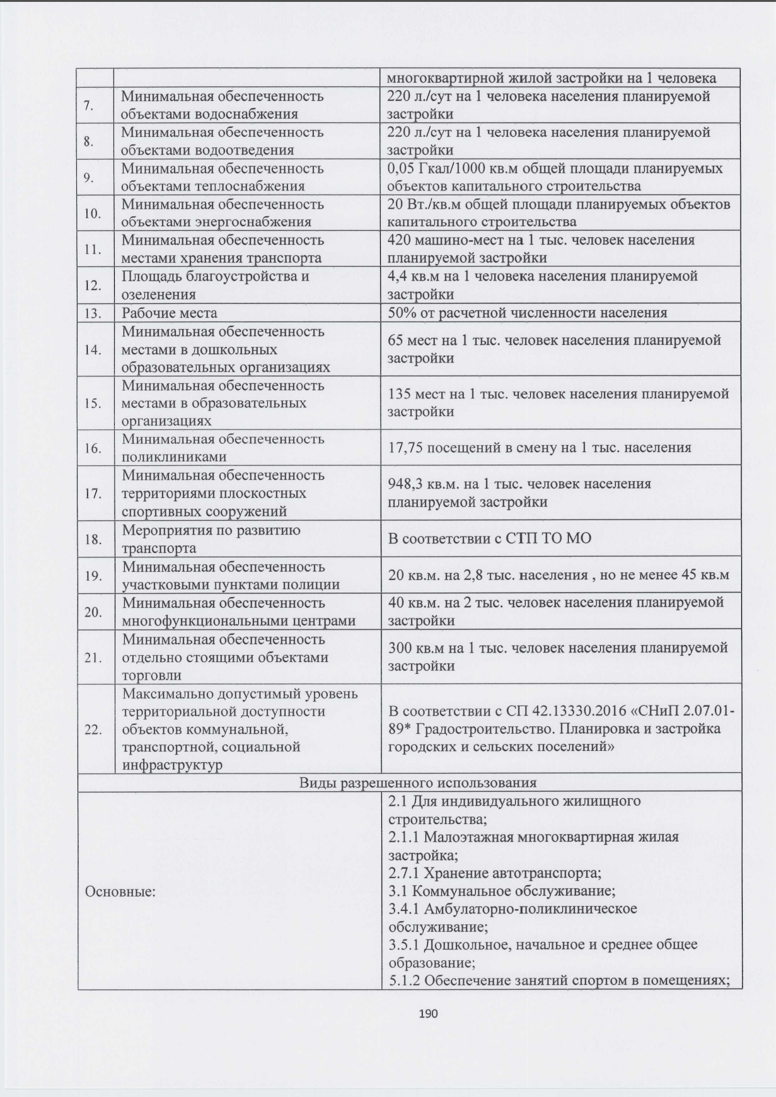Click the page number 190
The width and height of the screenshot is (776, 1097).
pos(428,1013)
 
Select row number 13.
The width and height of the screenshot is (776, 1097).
pos(93,313)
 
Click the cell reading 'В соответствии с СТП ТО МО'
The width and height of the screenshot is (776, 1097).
pos(490,538)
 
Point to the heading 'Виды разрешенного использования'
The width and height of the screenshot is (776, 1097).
pos(417,782)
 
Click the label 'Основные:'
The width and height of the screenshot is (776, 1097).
pos(120,891)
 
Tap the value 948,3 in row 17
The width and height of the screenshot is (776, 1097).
pos(407,484)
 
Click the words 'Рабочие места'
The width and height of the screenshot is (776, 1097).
pos(169,313)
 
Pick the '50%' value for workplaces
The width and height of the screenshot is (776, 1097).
pos(400,313)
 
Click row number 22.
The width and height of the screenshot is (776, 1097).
pos(93,729)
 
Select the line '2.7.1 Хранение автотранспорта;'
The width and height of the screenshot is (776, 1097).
pos(495,873)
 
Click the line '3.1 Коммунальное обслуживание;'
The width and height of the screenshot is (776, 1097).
pos(502,891)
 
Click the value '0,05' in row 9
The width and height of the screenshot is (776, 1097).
pos(402,169)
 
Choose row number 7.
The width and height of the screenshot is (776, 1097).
pos(89,105)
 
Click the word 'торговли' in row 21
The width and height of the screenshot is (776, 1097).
pos(152,675)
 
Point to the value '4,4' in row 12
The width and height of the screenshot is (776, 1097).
pos(397,276)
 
